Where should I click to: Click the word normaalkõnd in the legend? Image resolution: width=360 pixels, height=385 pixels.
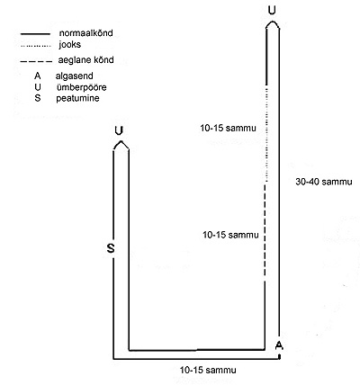(86, 33)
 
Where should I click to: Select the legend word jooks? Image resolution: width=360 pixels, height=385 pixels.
(70, 45)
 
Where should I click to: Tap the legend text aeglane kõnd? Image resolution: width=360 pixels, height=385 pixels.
(86, 60)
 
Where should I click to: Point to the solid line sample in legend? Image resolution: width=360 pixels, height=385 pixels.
(35, 34)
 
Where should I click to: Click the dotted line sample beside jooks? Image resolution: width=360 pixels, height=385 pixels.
(35, 46)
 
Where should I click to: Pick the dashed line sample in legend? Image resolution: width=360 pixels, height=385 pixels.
(36, 61)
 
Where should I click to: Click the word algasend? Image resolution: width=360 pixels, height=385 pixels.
(74, 76)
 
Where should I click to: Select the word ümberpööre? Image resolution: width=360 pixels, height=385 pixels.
(82, 87)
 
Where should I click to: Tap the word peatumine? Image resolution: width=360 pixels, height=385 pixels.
(77, 98)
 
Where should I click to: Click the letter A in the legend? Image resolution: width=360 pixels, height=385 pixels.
(38, 76)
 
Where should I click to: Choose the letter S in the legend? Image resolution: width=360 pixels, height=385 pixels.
(38, 98)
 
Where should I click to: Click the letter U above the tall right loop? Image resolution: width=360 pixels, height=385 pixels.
(272, 11)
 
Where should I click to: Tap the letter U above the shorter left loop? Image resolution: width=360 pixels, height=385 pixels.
(120, 131)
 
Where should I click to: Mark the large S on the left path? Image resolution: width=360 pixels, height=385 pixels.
(111, 248)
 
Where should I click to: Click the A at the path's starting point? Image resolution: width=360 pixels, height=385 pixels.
(279, 345)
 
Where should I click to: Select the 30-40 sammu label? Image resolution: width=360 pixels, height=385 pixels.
(324, 182)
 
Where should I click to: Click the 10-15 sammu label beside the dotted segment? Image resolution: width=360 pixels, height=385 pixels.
(229, 129)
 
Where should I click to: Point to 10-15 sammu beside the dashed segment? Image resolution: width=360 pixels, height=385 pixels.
(230, 235)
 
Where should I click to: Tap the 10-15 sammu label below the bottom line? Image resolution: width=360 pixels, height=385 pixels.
(208, 370)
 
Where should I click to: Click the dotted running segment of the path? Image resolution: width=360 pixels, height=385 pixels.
(265, 133)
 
